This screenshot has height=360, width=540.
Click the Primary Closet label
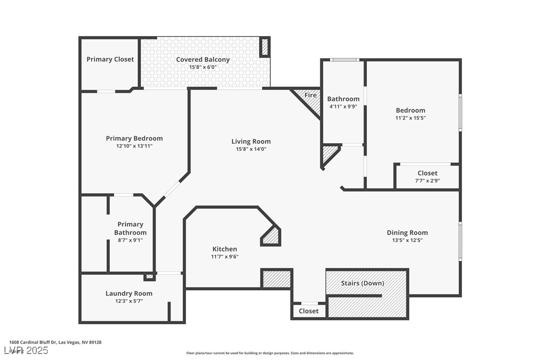pos(110,59)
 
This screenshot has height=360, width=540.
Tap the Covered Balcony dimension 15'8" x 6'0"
pos(203,67)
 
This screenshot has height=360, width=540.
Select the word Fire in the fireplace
pos(310,95)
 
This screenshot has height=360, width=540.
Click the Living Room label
pos(251,141)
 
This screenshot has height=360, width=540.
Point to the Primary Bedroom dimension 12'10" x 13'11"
pos(134,146)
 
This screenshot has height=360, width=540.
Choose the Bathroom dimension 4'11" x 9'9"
pos(343,106)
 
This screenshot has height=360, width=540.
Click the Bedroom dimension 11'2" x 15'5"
pos(411,118)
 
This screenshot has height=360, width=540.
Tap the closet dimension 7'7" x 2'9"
pos(428,181)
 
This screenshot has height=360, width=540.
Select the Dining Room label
pos(407,232)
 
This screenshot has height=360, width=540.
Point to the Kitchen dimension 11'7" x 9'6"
pos(225,257)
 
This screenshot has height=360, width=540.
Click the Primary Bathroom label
pos(130,228)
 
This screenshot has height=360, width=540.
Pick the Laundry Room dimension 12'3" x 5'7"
pos(129,301)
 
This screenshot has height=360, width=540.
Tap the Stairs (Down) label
pos(362,283)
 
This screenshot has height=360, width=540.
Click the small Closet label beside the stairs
pos(309,311)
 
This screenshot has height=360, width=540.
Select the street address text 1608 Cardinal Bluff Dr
pos(33,342)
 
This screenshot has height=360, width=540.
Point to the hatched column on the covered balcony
pos(265,47)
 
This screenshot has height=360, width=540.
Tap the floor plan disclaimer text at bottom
pos(270,353)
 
